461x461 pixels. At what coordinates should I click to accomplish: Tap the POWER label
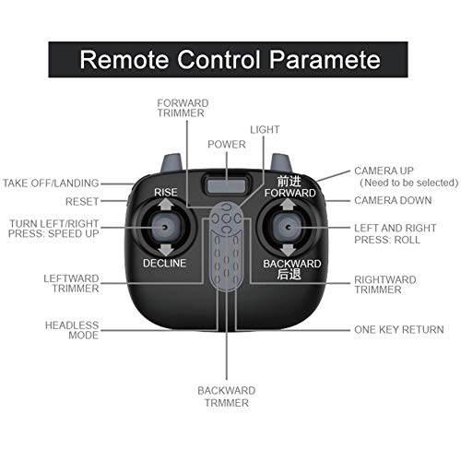click(x=226, y=145)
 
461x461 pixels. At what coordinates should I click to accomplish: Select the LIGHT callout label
click(x=265, y=130)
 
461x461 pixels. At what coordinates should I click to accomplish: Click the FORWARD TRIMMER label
click(x=183, y=108)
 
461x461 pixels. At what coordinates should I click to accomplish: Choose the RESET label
click(x=82, y=201)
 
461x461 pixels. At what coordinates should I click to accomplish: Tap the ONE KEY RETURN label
click(x=399, y=329)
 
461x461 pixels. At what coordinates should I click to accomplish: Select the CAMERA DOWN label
click(x=392, y=200)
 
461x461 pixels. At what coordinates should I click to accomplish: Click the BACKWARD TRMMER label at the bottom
click(x=226, y=396)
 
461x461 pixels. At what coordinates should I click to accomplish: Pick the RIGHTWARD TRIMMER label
click(x=384, y=284)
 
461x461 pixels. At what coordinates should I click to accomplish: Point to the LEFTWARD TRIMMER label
click(x=73, y=283)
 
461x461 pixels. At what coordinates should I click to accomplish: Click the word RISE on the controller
click(x=166, y=192)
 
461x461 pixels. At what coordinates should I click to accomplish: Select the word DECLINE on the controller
click(x=165, y=263)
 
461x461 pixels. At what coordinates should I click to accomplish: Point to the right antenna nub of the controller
click(x=280, y=163)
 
